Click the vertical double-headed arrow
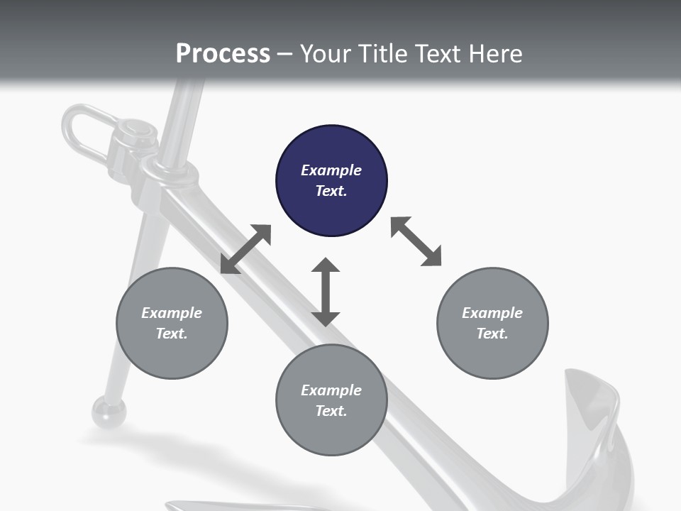(326, 292)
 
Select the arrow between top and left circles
(245, 249)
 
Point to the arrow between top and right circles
(416, 241)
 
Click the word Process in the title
(223, 54)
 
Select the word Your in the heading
(326, 54)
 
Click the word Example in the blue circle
(331, 170)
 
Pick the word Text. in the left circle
(172, 334)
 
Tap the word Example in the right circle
(492, 313)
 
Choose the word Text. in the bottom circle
(331, 411)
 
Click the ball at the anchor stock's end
(109, 412)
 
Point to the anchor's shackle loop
(82, 131)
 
